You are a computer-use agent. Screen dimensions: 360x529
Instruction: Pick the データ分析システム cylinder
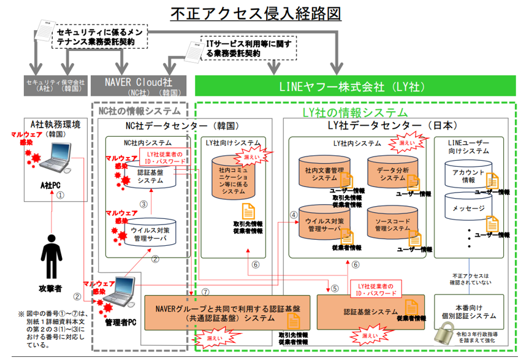[x=393, y=172]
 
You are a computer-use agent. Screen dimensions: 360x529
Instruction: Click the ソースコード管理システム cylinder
[x=392, y=223]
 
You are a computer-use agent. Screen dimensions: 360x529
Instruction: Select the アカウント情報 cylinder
[x=468, y=175]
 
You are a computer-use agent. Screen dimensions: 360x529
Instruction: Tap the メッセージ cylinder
[x=468, y=209]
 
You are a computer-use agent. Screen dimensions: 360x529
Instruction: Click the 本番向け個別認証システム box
[x=470, y=311]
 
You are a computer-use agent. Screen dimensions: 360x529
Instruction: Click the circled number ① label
[x=60, y=196]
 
